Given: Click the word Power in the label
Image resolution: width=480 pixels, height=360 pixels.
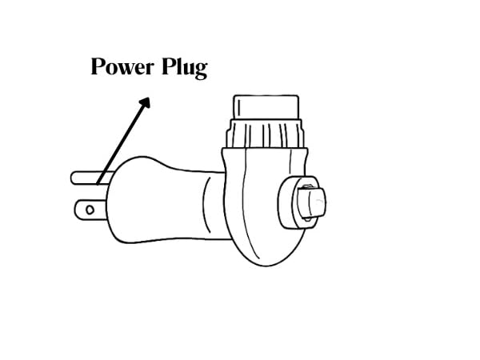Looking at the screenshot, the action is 122,66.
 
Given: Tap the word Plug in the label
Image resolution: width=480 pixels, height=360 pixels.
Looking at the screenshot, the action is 185,68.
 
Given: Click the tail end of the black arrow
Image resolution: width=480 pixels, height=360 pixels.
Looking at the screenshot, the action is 98,184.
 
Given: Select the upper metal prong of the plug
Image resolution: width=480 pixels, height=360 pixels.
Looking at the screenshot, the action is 92,178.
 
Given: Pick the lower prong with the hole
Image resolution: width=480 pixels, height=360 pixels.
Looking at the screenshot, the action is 90,210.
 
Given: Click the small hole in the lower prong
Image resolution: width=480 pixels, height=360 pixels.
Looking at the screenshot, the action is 90,210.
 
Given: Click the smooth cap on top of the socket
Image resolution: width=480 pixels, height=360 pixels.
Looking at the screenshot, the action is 266,107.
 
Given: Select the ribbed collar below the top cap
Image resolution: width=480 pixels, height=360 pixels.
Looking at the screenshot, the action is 265,134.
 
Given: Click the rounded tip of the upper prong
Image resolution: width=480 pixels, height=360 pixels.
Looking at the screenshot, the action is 72,178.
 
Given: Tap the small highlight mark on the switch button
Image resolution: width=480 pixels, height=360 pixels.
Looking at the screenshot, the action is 319,200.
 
